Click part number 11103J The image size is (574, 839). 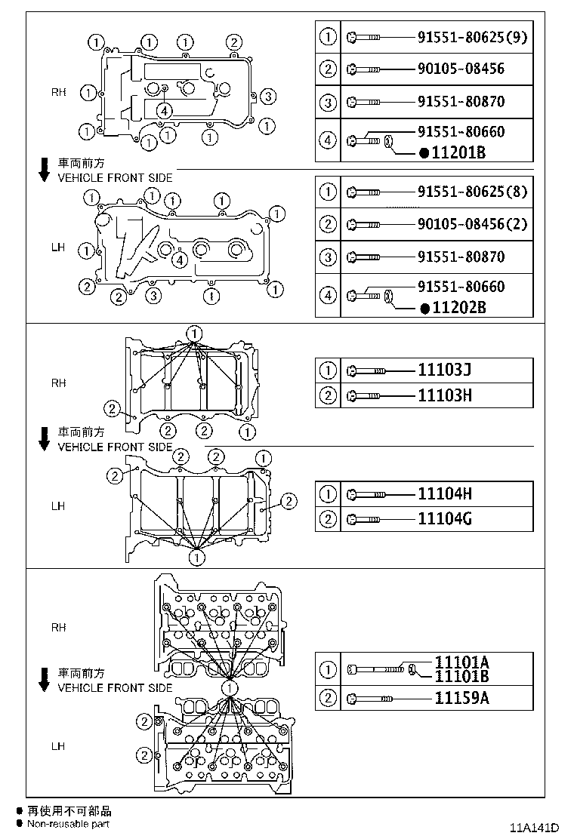(445, 370)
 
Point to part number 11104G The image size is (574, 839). (445, 518)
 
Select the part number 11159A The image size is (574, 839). (461, 698)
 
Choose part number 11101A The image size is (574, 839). (461, 662)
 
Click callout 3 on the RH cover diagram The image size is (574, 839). (270, 96)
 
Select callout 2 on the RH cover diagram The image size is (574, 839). (234, 42)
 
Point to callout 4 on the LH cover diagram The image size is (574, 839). (179, 260)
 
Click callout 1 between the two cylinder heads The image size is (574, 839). (229, 687)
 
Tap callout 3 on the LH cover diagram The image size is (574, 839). (153, 295)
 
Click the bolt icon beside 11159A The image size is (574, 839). (366, 698)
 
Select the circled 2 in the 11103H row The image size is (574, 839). (328, 395)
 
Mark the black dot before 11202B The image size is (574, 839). (424, 308)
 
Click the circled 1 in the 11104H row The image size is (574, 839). (328, 494)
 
